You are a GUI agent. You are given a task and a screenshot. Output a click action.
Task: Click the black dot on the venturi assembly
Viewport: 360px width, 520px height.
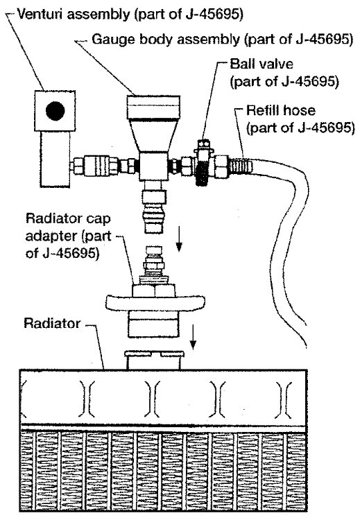(55, 110)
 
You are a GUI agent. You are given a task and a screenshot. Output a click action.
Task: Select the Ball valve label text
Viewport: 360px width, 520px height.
(262, 64)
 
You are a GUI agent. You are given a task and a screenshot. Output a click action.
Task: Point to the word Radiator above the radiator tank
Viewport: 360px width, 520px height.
(52, 323)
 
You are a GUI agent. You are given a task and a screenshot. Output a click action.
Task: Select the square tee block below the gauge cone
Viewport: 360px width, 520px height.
(153, 166)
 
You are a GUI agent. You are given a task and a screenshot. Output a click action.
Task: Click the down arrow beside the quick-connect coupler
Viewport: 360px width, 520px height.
(179, 239)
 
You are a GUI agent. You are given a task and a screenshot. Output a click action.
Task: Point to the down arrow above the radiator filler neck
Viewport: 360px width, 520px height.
(192, 336)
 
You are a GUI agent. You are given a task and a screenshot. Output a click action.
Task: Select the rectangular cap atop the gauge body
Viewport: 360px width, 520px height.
(153, 107)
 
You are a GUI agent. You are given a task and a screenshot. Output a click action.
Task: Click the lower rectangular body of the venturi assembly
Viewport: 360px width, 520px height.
(55, 159)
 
